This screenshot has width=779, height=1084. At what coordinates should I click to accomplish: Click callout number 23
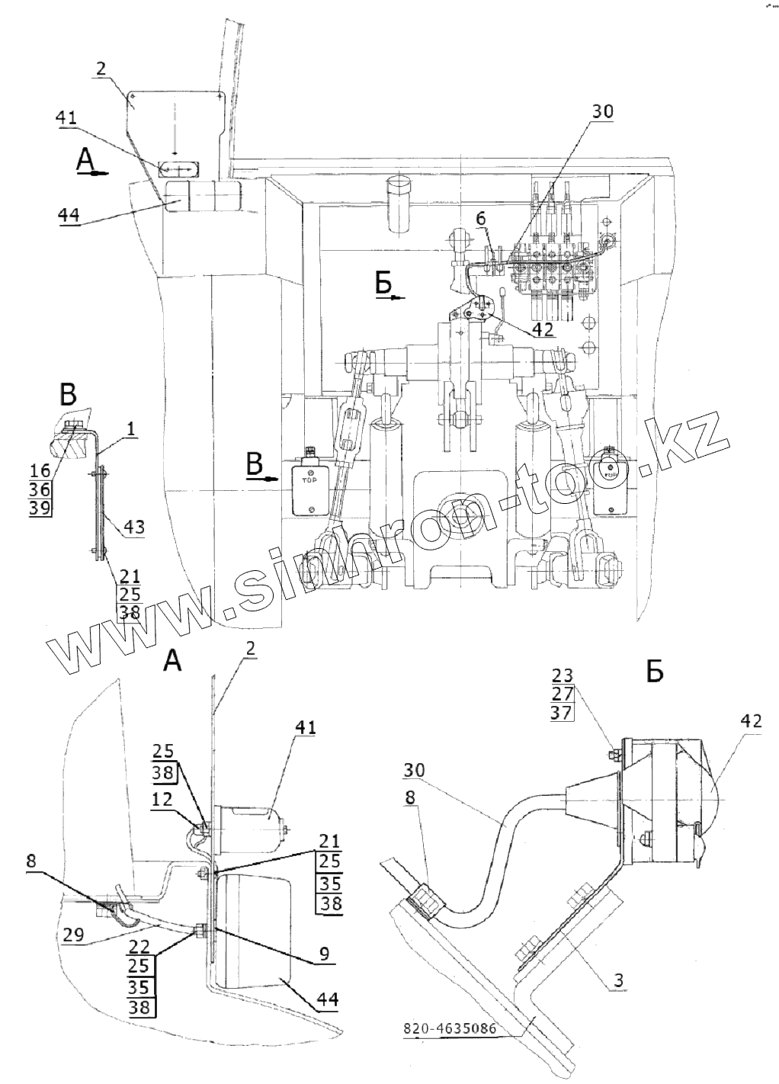560,675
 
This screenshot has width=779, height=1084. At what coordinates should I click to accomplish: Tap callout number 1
131,431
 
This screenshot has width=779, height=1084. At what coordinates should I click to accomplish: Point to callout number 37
560,712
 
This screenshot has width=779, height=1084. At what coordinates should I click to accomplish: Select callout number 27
560,694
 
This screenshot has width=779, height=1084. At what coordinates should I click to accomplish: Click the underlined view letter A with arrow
88,162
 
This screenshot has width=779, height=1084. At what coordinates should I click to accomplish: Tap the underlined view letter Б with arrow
385,284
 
